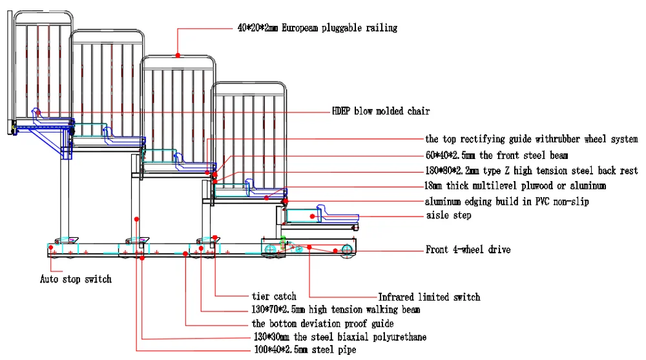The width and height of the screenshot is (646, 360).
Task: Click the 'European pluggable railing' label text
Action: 317,28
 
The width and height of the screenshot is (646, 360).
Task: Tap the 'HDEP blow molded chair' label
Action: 380,111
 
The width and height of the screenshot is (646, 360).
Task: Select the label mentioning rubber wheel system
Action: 532,139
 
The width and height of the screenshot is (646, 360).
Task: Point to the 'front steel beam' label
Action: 496,156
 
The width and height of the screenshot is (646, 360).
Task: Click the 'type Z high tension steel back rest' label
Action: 532,171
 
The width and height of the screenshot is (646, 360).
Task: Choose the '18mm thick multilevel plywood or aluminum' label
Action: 515,186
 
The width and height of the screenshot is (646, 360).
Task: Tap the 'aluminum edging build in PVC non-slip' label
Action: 506,202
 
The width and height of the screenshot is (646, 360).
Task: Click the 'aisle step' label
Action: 449,215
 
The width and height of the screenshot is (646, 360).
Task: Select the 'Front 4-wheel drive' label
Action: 468,249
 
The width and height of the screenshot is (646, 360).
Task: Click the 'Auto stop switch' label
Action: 76,279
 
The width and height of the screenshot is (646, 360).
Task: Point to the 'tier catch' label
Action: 274,296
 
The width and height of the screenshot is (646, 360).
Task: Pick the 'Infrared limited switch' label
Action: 430,297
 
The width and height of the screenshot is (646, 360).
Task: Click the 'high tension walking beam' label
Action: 336,310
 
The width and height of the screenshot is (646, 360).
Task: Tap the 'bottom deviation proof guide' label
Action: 322,323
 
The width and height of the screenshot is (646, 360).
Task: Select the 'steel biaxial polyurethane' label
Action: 340,337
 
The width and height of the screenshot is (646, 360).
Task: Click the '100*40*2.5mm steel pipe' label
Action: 306,350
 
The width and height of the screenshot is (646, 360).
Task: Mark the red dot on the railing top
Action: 178,55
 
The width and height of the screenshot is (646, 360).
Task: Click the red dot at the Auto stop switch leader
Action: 50,248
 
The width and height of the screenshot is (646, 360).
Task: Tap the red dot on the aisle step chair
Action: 312,216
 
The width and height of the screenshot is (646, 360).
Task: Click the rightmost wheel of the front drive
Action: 347,249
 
